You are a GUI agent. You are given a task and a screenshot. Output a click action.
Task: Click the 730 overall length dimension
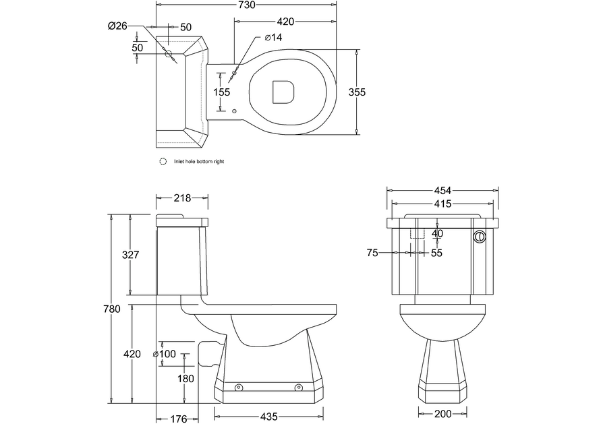246,5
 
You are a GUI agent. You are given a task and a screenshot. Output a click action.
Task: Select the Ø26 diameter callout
117,26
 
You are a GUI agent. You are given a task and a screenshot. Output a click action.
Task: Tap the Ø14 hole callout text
273,37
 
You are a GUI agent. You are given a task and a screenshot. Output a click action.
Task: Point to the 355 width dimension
357,92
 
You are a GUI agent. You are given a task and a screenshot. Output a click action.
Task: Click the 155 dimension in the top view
221,92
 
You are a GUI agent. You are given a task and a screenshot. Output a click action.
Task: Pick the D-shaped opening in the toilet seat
283,92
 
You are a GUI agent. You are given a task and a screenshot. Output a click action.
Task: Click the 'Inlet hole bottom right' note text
199,162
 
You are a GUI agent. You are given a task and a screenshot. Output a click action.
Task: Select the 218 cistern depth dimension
182,198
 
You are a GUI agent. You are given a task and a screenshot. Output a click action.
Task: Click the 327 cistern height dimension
130,255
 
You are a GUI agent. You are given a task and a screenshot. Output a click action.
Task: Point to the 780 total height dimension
112,309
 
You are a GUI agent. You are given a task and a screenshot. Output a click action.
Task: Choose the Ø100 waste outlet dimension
165,354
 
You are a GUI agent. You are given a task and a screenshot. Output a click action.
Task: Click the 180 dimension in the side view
185,379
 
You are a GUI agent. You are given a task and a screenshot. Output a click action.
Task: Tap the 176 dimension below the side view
178,418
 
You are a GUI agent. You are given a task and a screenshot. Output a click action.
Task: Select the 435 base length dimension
268,417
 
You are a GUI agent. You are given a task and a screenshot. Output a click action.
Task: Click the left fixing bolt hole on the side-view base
239,388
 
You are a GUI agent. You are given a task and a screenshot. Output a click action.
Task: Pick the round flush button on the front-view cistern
480,237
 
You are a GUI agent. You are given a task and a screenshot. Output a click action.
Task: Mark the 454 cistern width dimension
442,190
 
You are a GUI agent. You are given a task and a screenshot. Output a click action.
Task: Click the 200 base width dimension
442,414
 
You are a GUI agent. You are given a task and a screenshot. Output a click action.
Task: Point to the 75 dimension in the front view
372,253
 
